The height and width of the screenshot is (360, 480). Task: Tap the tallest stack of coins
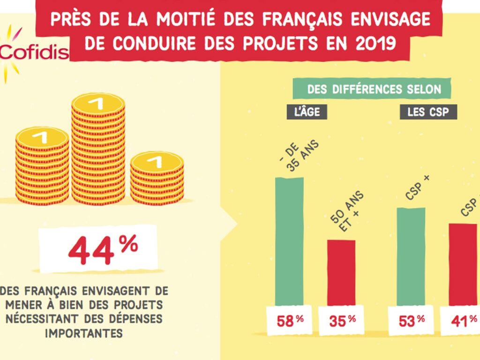click(x=98, y=150)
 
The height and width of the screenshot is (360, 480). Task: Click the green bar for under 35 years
click(x=289, y=241)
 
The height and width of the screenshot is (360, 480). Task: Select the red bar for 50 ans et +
click(x=341, y=272)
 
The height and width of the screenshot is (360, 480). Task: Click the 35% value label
click(x=342, y=321)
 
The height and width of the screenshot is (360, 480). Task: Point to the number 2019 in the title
click(x=373, y=43)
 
